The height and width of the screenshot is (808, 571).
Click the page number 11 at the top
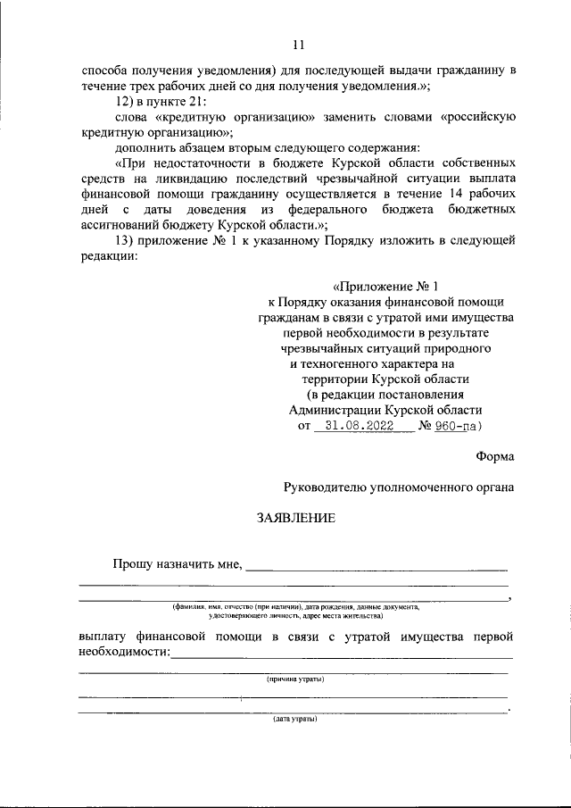[298, 45]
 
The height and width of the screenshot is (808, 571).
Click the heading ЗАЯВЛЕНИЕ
[296, 518]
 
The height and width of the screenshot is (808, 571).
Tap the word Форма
[493, 456]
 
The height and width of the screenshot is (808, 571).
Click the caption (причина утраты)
[295, 679]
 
